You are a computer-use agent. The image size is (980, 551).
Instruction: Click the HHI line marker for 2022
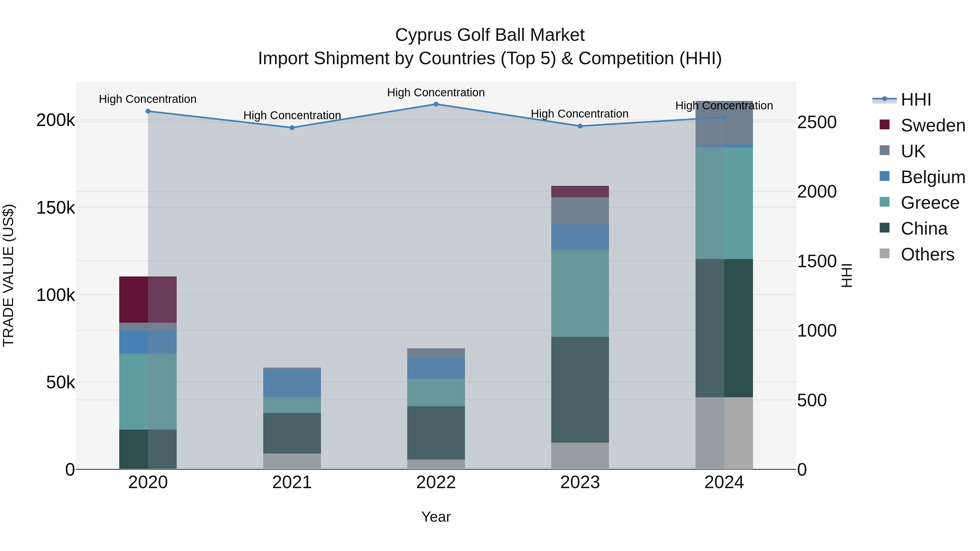point(436,104)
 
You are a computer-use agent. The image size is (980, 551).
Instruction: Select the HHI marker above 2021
point(292,128)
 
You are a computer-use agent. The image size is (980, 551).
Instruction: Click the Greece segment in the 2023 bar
point(580,294)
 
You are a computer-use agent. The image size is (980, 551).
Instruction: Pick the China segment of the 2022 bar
point(436,433)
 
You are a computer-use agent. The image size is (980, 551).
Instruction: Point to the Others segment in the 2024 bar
point(724,433)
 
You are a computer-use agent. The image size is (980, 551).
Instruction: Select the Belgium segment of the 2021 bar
point(292,384)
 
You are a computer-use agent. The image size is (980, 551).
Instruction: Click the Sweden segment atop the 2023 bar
point(580,192)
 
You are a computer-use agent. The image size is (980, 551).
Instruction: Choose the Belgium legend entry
point(932,177)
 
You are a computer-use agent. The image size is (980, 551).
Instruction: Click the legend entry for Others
point(927,254)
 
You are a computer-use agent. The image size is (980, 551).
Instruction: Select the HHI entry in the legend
point(916,100)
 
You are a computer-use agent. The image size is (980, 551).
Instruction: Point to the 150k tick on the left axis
point(56,208)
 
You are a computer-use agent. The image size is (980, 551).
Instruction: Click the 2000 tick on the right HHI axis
point(817,192)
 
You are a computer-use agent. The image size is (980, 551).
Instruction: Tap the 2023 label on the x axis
point(580,482)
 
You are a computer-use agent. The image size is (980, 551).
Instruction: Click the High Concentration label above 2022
point(436,93)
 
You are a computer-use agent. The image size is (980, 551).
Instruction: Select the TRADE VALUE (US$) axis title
point(8,275)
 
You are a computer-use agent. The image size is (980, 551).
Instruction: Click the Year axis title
point(436,517)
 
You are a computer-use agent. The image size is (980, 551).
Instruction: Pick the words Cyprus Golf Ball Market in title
point(490,35)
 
